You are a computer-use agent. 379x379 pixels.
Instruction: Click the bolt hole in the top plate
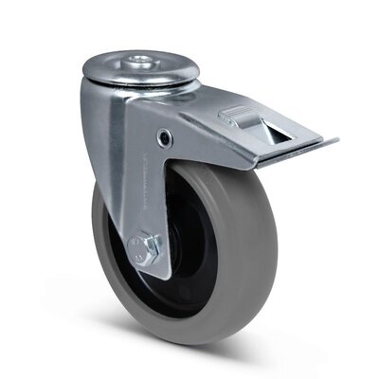(x=138, y=63)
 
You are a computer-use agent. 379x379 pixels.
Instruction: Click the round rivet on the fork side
(x=167, y=138)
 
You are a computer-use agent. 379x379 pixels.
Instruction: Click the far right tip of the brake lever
(x=335, y=143)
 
